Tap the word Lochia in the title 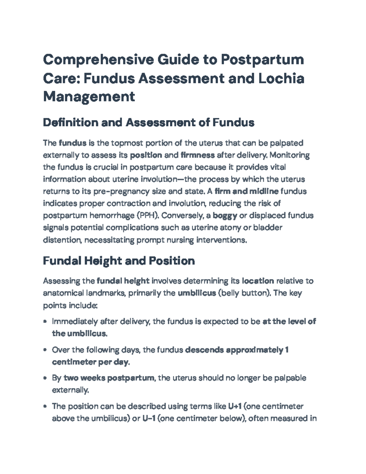[x=281, y=78]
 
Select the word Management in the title [x=89, y=97]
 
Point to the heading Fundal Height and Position [x=119, y=261]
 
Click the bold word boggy [x=225, y=216]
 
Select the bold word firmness [x=198, y=155]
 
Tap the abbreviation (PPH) [x=148, y=216]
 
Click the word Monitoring [x=290, y=155]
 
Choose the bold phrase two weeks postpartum [x=109, y=378]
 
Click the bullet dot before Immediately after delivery [x=45, y=322]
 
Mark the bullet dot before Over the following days [x=45, y=350]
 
